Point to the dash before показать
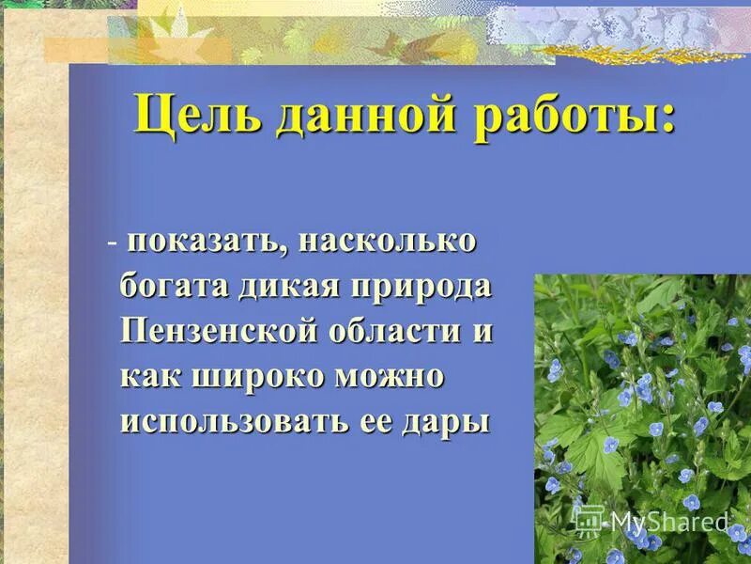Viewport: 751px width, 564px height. tap(112, 243)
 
